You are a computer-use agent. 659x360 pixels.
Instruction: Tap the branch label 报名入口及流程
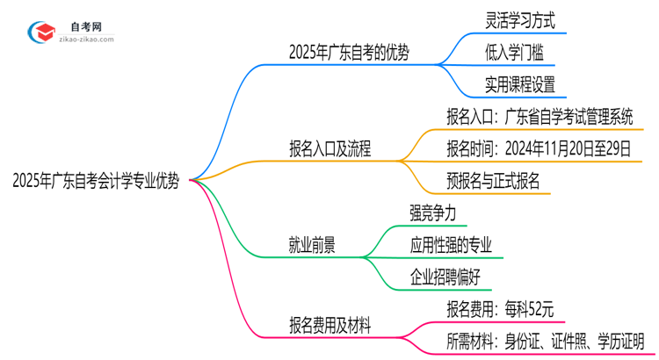pos(329,149)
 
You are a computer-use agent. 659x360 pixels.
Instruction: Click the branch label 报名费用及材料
pos(329,325)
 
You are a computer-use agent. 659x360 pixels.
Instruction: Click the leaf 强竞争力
pos(432,213)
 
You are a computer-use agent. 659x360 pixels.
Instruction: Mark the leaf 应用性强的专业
pos(451,245)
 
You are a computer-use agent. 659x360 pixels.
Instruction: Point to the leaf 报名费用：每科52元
pos(499,308)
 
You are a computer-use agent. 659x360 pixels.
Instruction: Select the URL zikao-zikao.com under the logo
pos(85,40)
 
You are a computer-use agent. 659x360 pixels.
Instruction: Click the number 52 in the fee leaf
pos(532,308)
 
